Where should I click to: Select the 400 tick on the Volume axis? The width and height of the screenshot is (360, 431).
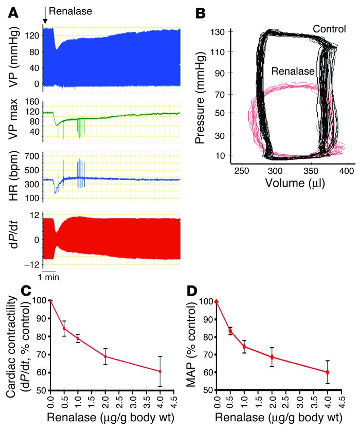348,170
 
